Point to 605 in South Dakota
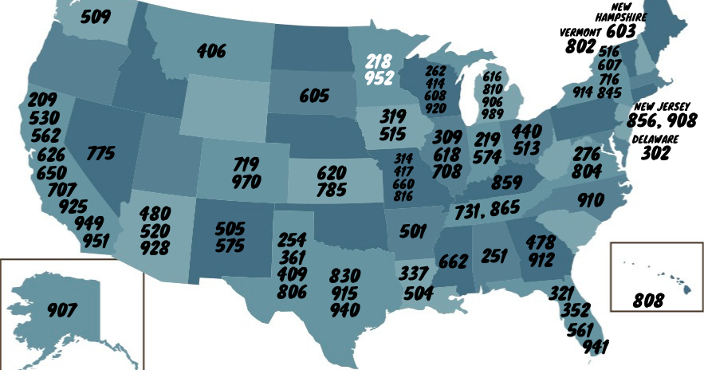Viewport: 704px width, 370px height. click(x=314, y=96)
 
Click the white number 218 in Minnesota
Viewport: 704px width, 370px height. click(x=380, y=61)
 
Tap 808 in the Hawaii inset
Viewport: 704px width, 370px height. click(x=647, y=301)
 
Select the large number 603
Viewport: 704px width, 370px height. click(x=620, y=31)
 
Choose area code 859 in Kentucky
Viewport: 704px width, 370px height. click(x=506, y=182)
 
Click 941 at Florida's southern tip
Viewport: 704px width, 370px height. click(x=595, y=347)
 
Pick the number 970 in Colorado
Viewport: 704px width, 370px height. click(x=246, y=181)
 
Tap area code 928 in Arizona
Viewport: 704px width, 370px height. click(x=154, y=247)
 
